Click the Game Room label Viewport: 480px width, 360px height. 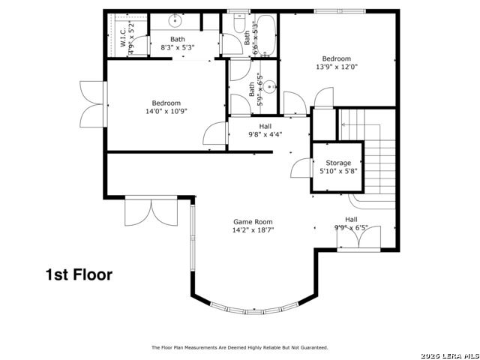(253, 222)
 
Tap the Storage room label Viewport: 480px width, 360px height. (338, 163)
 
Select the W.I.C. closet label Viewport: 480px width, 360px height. (123, 37)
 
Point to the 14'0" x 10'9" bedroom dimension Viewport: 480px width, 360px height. (166, 111)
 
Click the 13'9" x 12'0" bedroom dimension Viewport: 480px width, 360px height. (337, 67)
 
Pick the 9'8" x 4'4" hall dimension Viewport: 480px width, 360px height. (265, 134)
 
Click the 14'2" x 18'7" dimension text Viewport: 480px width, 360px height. (253, 230)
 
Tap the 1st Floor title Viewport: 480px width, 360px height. (79, 274)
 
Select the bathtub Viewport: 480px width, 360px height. (266, 35)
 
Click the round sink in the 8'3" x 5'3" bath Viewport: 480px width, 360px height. (175, 21)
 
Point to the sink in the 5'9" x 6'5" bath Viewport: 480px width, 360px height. (270, 87)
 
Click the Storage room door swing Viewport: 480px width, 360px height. (301, 167)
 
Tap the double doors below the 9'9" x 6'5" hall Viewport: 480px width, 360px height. (358, 237)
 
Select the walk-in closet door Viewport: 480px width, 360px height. (140, 45)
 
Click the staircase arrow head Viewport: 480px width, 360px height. (343, 124)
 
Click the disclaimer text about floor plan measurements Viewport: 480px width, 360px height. (240, 347)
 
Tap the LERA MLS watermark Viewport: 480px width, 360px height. (450, 355)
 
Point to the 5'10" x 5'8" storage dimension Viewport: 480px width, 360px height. (338, 171)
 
